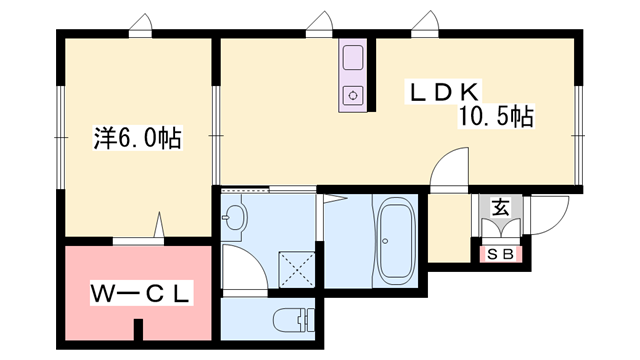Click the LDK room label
click(x=443, y=92)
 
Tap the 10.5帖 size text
click(x=496, y=116)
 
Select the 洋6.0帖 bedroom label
click(x=138, y=138)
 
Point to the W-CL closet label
click(x=141, y=293)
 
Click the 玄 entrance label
click(x=501, y=208)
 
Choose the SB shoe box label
click(x=501, y=254)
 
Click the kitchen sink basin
click(x=353, y=58)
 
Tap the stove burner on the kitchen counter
click(x=353, y=96)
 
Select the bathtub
click(x=395, y=241)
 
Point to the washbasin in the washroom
click(x=234, y=217)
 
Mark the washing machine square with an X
click(x=297, y=269)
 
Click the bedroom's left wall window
click(x=61, y=137)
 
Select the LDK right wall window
click(x=578, y=135)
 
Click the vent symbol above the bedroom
click(x=140, y=25)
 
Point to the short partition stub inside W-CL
click(x=139, y=329)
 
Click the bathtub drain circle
click(x=385, y=241)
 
